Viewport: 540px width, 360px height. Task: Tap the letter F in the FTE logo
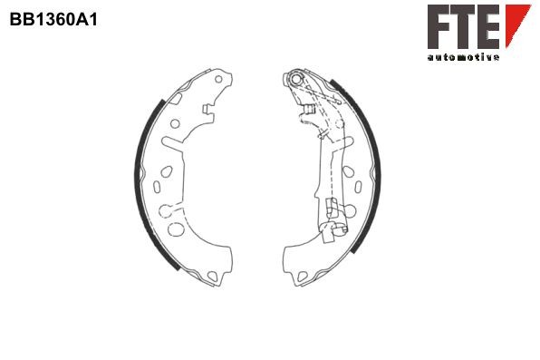click(439, 26)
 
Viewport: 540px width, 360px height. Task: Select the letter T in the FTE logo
click(465, 26)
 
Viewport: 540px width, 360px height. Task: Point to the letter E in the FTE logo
click(488, 26)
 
